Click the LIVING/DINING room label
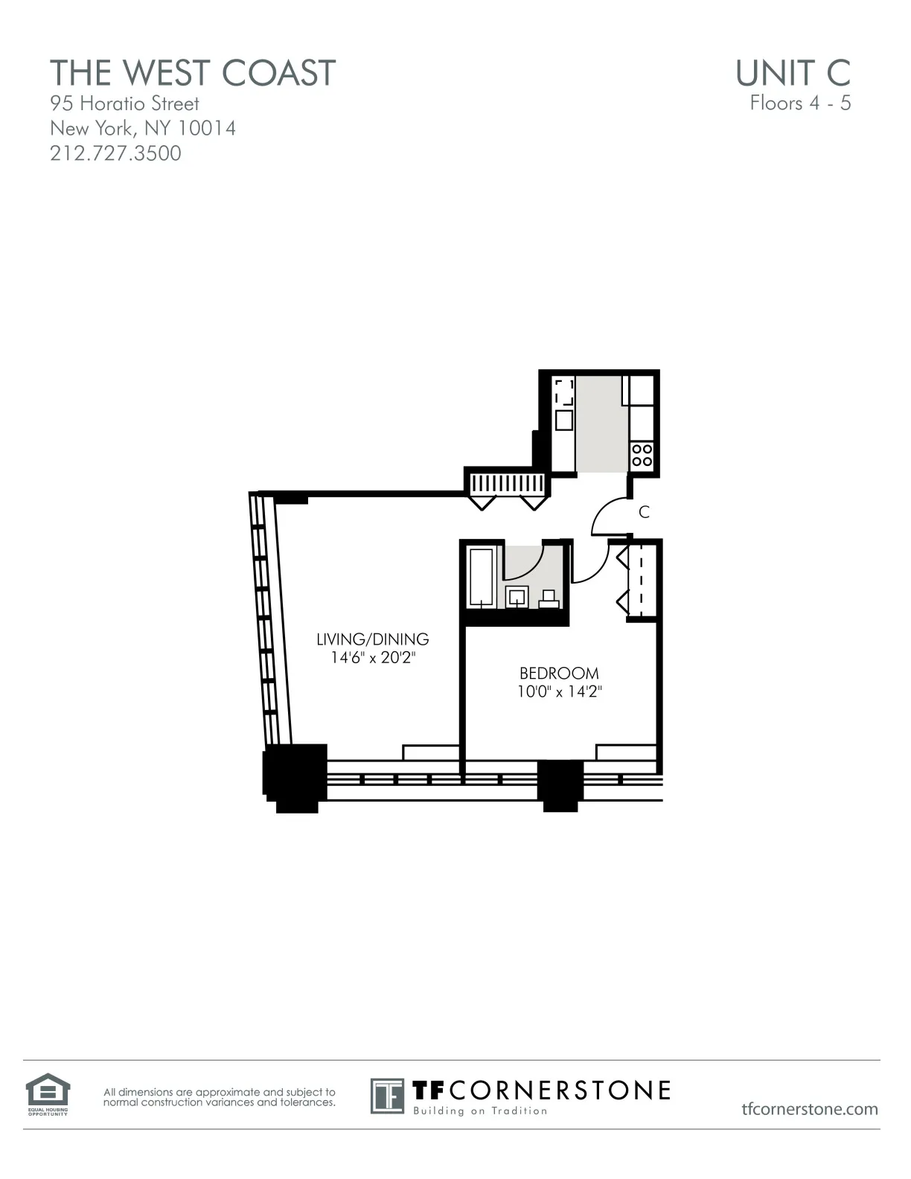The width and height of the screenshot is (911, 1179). coord(372,639)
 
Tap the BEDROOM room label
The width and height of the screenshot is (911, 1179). coord(559,673)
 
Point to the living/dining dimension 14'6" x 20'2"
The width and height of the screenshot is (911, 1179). coord(372,658)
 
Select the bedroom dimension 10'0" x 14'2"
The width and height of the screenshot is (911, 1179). coord(559,691)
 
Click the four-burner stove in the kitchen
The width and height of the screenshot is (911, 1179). coord(642,455)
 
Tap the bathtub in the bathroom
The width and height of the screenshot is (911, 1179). coord(482,576)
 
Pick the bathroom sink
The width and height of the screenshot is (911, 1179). coord(517,596)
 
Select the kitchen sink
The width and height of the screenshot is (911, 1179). coord(564,420)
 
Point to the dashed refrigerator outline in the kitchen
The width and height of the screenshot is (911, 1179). coord(563,392)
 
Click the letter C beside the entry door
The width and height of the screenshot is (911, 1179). coord(645,512)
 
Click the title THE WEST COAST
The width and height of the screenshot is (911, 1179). coord(193,73)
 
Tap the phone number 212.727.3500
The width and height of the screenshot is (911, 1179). coord(115,153)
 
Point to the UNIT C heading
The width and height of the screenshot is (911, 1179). coord(793,73)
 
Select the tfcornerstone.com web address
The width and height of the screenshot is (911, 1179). coord(810,1109)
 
